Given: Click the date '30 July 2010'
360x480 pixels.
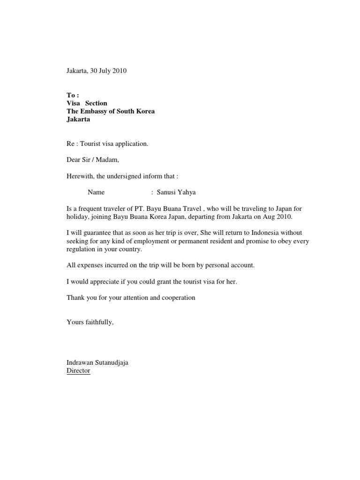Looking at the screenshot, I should pos(109,71).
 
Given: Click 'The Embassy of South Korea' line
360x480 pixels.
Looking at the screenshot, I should pos(111,111).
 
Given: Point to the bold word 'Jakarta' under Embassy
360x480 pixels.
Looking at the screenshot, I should pos(78,119).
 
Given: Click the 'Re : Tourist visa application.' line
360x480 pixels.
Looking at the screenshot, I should pos(107,143).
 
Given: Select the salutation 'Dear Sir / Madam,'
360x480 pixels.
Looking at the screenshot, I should pos(93,160).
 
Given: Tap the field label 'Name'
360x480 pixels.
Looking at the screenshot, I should pos(96,192).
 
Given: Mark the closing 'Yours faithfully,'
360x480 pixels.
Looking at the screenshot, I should pos(90,322).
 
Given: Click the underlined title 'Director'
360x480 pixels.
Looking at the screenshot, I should pos(78,370).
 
